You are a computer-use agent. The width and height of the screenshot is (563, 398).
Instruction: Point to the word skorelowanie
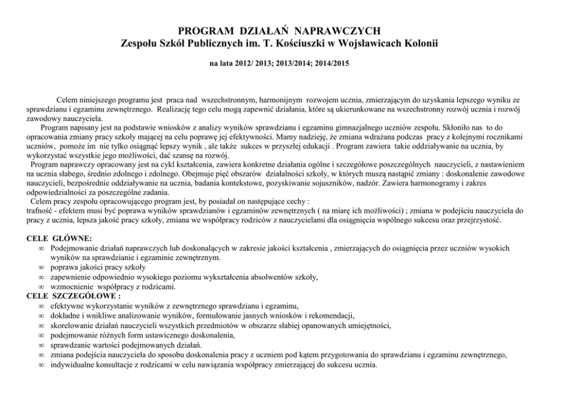point(70,325)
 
